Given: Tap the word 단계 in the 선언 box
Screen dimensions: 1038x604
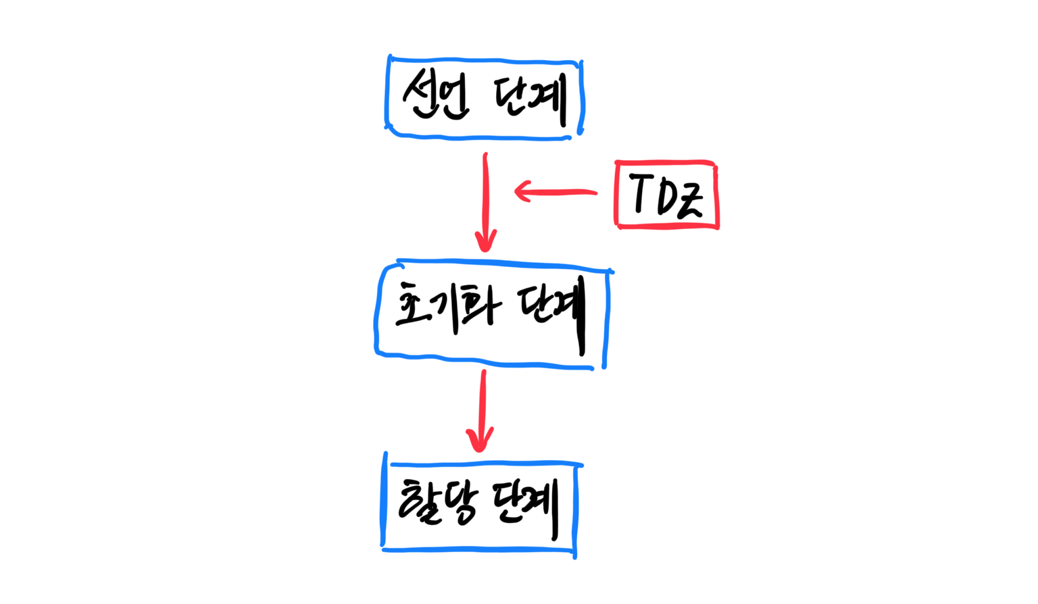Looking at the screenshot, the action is pos(530,100).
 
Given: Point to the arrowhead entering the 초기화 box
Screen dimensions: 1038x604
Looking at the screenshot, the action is pos(485,242).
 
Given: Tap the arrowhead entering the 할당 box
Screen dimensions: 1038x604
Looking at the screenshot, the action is pos(480,441).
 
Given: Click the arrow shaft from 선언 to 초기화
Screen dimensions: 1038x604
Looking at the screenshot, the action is pos(485,196).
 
